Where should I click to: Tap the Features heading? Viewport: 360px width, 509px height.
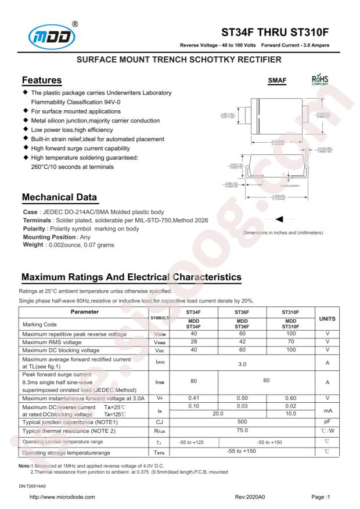pyautogui.click(x=42, y=79)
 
